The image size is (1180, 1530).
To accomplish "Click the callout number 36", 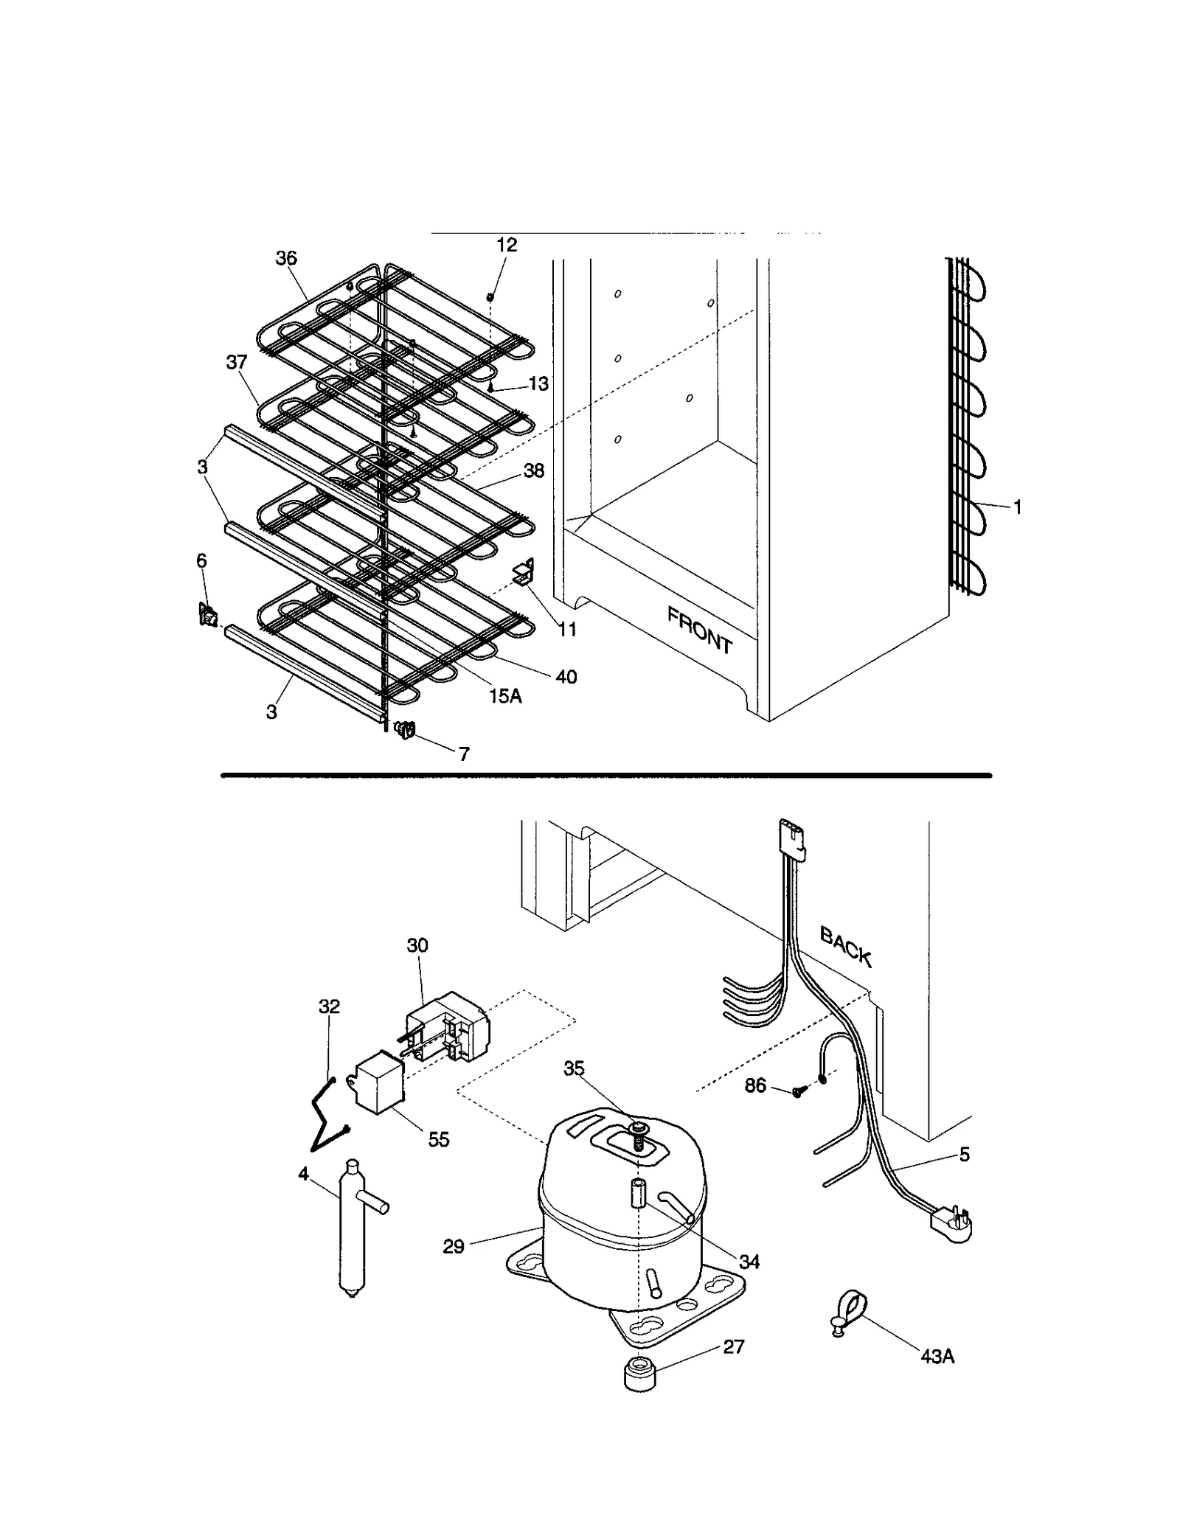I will [286, 258].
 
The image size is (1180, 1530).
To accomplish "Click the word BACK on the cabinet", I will [846, 947].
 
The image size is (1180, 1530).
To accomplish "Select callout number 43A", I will [937, 1357].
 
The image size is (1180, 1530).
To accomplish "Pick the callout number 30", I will [417, 945].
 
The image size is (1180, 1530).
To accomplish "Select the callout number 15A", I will [505, 695].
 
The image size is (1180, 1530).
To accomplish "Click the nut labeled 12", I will [490, 296].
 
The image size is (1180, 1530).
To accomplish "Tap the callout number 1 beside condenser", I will [1017, 507].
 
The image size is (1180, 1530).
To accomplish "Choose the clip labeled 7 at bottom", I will [406, 730].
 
